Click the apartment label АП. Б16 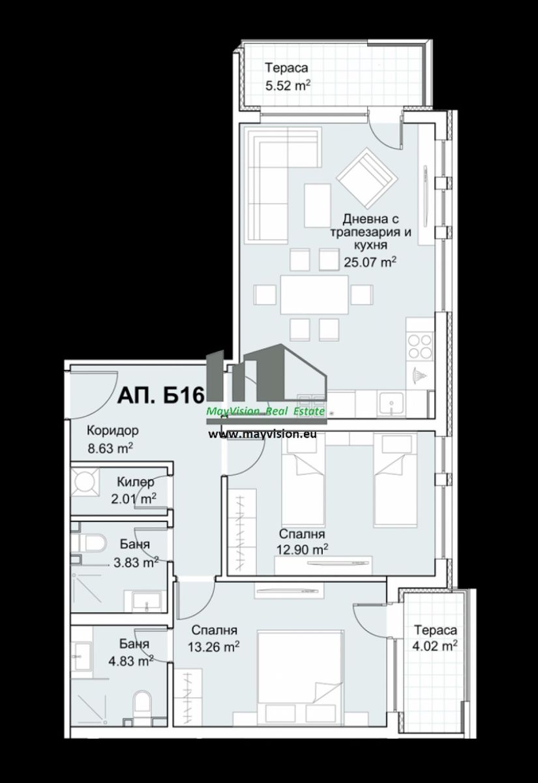(x=160, y=395)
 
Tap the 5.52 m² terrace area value (x=288, y=86)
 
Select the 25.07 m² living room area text (x=370, y=262)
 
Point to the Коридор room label (x=112, y=431)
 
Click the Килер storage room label (x=136, y=482)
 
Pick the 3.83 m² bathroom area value (x=136, y=562)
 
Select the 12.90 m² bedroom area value (x=302, y=549)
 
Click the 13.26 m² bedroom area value (x=214, y=647)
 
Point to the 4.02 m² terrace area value (x=435, y=645)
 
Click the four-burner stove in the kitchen (x=419, y=346)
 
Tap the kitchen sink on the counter (x=391, y=405)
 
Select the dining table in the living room (x=314, y=295)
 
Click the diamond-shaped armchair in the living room (x=366, y=178)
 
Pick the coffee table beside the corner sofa (x=317, y=206)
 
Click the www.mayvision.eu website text (x=263, y=434)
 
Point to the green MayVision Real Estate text (x=265, y=412)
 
